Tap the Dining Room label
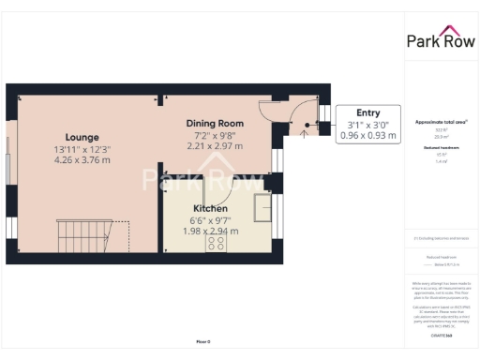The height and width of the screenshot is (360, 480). pyautogui.click(x=217, y=123)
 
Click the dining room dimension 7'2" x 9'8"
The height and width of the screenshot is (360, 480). pyautogui.click(x=217, y=135)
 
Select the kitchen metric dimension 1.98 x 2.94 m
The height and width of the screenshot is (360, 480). pyautogui.click(x=213, y=230)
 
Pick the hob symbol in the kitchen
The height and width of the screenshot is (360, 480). pyautogui.click(x=214, y=244)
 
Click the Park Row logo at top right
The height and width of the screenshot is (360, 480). pyautogui.click(x=440, y=39)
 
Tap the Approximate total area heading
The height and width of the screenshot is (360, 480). pyautogui.click(x=440, y=122)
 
